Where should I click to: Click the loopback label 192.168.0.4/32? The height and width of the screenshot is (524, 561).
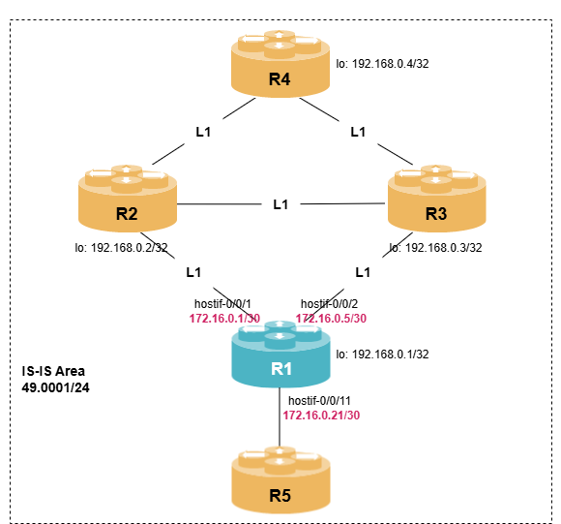(x=383, y=66)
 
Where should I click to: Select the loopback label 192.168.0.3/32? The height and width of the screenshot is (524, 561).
(x=435, y=248)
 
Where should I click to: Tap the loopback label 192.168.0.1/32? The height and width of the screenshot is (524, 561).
(x=383, y=355)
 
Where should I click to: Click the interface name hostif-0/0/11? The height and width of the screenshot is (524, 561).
(x=320, y=401)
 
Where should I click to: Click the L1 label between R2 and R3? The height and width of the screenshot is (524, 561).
(x=280, y=204)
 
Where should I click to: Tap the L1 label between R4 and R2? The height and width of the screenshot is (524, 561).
(x=203, y=131)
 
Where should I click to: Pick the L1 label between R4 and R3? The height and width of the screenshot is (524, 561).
(x=358, y=131)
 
